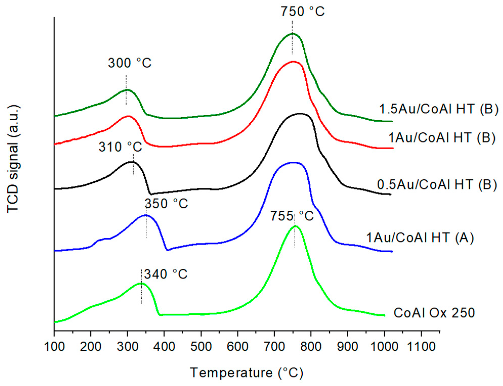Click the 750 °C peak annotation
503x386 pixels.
tap(302, 12)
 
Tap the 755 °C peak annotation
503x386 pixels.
tap(292, 216)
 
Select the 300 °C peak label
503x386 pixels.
tap(129, 63)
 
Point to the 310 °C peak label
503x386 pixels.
tap(120, 147)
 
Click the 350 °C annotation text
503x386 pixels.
tap(166, 203)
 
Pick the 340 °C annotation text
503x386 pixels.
tap(166, 274)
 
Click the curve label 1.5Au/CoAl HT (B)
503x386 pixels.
tap(439, 109)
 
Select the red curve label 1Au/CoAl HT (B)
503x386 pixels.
tap(442, 138)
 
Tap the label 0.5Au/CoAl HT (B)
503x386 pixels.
tap(437, 184)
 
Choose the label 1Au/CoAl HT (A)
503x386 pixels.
tap(420, 238)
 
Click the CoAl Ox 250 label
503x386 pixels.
tap(434, 313)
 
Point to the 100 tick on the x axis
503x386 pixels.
tap(54, 346)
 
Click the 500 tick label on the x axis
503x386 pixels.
tap(201, 346)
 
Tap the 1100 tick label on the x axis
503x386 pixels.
tap(421, 346)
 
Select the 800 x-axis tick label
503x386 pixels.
tap(311, 346)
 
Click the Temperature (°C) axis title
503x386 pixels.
tap(247, 373)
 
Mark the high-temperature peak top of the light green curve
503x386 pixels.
tap(295, 226)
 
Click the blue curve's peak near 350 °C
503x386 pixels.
tap(146, 215)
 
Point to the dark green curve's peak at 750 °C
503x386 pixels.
tap(292, 33)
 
